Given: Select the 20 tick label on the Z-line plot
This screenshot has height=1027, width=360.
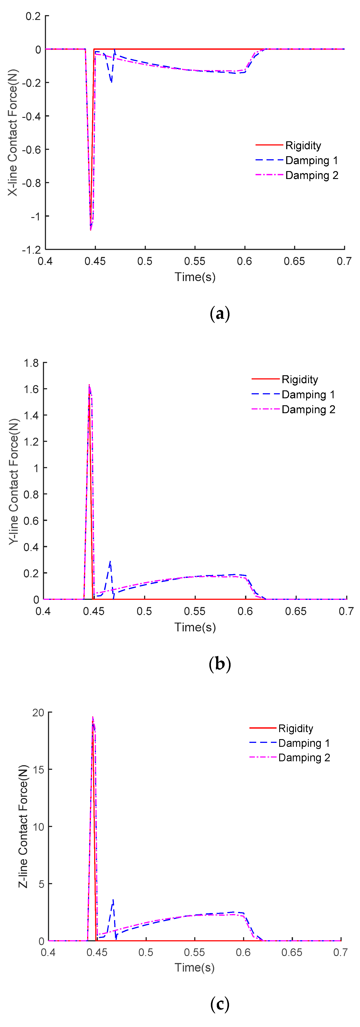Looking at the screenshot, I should click(38, 712).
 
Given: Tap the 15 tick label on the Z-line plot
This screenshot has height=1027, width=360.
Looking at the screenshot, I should click(38, 769).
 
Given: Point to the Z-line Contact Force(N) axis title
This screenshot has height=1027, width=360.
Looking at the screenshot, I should click(23, 827).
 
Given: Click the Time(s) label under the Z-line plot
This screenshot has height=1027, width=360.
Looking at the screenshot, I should click(194, 968).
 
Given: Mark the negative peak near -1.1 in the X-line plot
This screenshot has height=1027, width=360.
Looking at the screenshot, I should click(90, 229).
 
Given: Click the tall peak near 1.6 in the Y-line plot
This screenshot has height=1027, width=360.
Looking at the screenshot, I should click(89, 386).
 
